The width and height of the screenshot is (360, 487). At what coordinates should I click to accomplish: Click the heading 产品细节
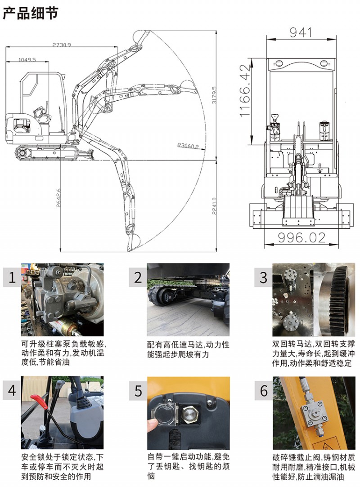31,13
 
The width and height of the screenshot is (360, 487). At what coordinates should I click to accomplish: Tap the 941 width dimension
301,32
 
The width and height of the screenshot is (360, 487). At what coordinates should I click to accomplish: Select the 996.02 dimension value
301,237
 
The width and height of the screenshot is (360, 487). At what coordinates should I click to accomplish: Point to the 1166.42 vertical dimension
245,90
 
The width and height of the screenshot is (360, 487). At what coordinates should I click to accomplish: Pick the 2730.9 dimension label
62,44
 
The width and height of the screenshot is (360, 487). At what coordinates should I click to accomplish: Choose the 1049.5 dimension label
27,59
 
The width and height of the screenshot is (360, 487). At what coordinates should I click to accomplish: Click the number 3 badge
263,277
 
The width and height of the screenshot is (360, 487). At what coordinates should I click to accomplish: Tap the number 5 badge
138,391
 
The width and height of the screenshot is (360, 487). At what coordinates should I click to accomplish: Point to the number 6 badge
263,391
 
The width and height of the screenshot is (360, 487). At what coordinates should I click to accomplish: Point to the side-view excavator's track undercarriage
47,152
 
